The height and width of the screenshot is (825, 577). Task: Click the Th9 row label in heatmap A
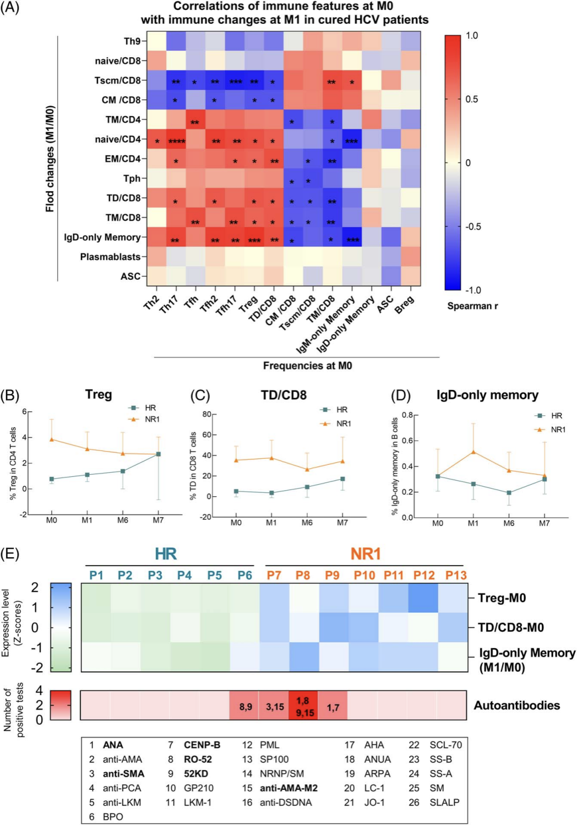[132, 41]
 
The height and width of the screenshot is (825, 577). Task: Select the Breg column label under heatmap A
[405, 305]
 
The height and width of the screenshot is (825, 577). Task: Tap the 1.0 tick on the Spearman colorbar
[472, 36]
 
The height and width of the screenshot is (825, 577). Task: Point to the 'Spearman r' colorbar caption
[472, 306]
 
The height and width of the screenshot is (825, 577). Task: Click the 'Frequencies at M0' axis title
[307, 366]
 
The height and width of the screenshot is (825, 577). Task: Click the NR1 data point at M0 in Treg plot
[52, 439]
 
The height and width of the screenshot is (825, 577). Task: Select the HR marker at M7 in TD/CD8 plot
[342, 479]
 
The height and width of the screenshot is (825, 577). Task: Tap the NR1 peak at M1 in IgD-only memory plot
[473, 452]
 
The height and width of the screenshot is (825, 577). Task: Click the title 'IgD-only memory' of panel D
[487, 395]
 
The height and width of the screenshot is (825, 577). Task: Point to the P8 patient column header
[303, 576]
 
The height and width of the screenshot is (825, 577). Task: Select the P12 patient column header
[424, 576]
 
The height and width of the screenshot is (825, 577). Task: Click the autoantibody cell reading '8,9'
[246, 707]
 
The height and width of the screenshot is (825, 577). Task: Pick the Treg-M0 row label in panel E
[502, 598]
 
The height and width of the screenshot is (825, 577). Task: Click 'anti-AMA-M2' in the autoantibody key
[288, 788]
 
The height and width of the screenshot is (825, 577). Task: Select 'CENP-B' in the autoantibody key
[202, 745]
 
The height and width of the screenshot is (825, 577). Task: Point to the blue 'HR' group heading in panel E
[166, 554]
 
